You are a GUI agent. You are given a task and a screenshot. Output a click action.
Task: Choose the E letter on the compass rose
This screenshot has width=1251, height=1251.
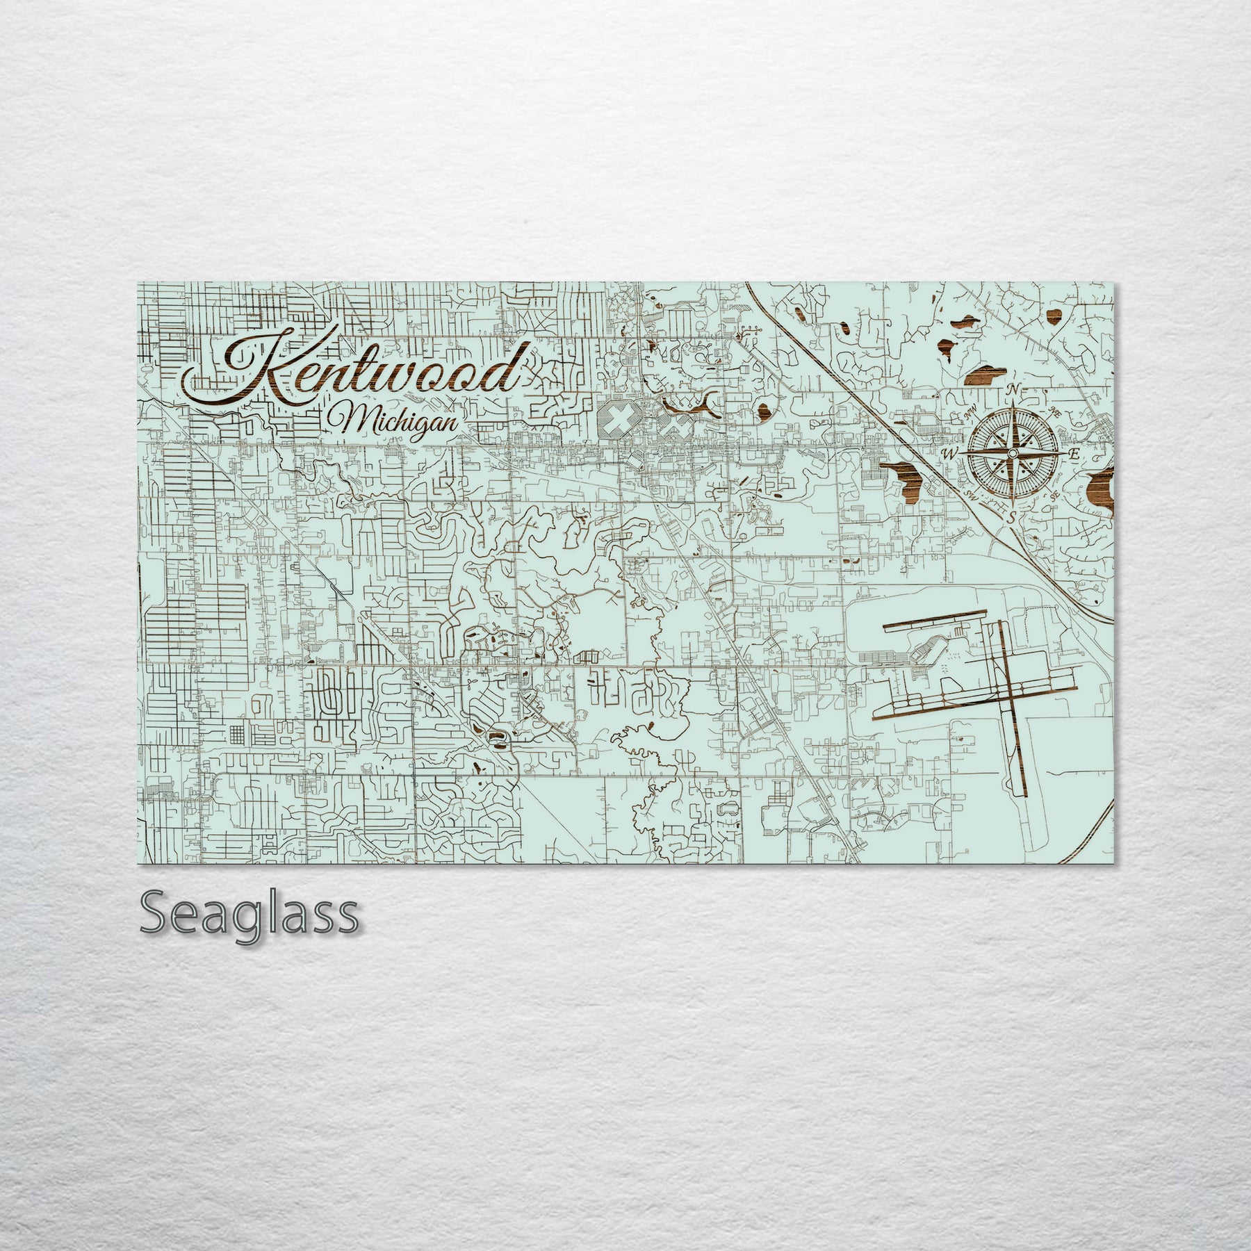(x=1073, y=453)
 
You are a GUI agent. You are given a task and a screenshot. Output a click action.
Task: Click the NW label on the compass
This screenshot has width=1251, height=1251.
(x=972, y=416)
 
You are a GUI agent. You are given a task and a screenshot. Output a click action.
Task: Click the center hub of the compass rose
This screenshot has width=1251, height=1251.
(x=1013, y=453)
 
